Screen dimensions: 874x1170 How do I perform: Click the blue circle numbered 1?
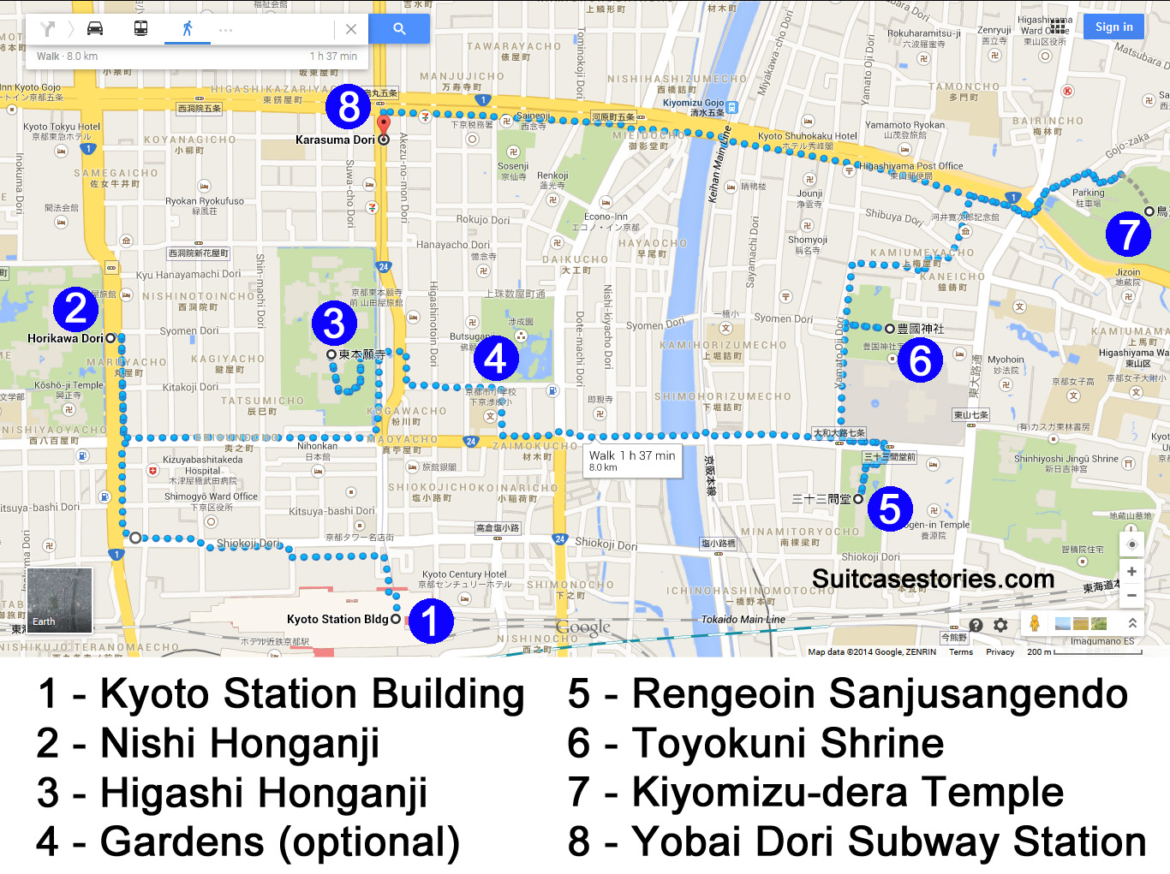pyautogui.click(x=430, y=621)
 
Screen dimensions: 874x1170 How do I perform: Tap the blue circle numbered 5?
pyautogui.click(x=890, y=508)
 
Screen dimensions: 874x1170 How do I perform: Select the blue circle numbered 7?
pyautogui.click(x=1128, y=234)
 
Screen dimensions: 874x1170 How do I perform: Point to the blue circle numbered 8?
pyautogui.click(x=348, y=106)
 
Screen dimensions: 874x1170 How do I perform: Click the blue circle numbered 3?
pyautogui.click(x=334, y=323)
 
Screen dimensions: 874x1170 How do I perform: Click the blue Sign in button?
pyautogui.click(x=1113, y=27)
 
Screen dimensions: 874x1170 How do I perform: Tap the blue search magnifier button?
pyautogui.click(x=399, y=28)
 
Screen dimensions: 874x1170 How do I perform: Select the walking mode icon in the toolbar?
pyautogui.click(x=187, y=28)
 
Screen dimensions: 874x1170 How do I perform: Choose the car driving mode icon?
pyautogui.click(x=95, y=28)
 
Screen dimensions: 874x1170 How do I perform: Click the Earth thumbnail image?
pyautogui.click(x=60, y=600)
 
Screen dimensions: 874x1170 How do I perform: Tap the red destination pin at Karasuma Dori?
pyautogui.click(x=384, y=126)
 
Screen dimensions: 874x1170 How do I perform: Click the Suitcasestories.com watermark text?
pyautogui.click(x=933, y=579)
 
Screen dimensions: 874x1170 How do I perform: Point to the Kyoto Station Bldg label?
pyautogui.click(x=337, y=619)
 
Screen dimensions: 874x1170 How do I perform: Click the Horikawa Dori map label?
pyautogui.click(x=65, y=338)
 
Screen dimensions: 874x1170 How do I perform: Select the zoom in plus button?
pyautogui.click(x=1131, y=571)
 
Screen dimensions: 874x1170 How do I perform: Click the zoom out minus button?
pyautogui.click(x=1131, y=595)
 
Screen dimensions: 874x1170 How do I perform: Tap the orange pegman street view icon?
pyautogui.click(x=1035, y=624)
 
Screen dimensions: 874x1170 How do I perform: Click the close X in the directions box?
pyautogui.click(x=351, y=29)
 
